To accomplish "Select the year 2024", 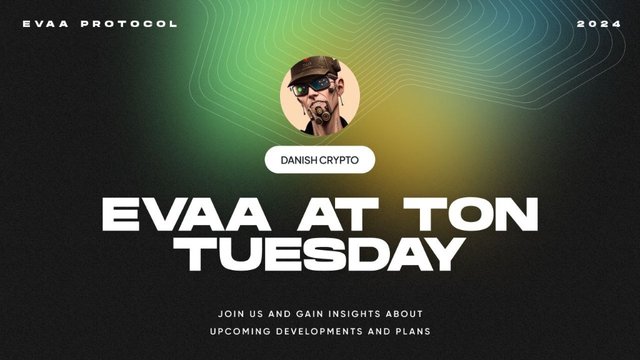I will (598, 23).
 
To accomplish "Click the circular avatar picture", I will (320, 96).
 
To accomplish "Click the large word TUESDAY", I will (320, 253).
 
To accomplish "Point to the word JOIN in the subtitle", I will (230, 312).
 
